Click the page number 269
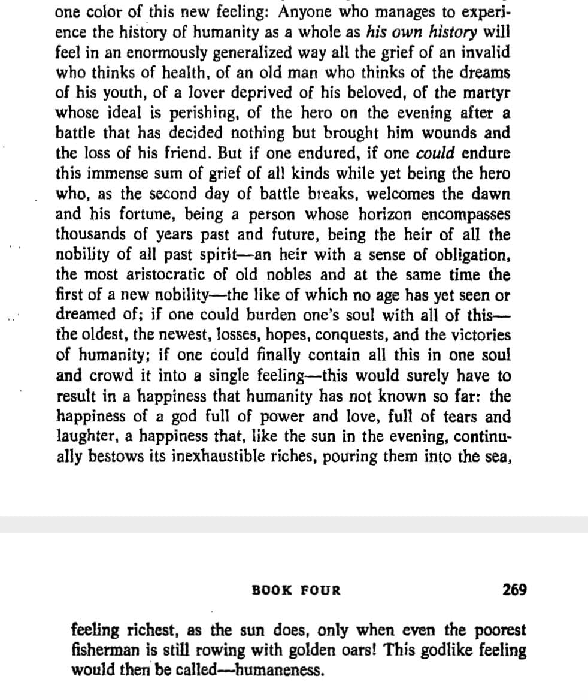coord(515,590)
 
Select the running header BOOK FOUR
coord(296,590)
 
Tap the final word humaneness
coord(281,669)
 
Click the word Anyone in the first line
coord(307,12)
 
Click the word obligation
coord(472,255)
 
